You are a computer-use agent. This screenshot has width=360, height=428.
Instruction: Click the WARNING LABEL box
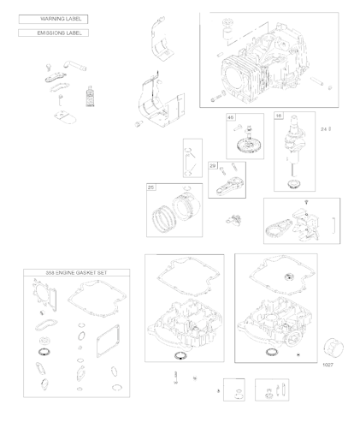click(x=53, y=18)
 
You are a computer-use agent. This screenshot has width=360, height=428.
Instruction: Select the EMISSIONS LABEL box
click(x=53, y=33)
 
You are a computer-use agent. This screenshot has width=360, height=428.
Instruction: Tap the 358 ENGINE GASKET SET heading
click(x=77, y=272)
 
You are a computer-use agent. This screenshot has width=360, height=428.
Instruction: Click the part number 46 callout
click(x=230, y=116)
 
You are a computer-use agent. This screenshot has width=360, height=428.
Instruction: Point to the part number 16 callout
click(x=279, y=116)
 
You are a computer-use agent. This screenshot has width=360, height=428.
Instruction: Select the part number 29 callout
click(x=213, y=164)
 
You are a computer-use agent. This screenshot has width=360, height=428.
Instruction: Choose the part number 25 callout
click(x=151, y=187)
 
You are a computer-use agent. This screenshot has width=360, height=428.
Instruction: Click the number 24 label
click(x=324, y=129)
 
